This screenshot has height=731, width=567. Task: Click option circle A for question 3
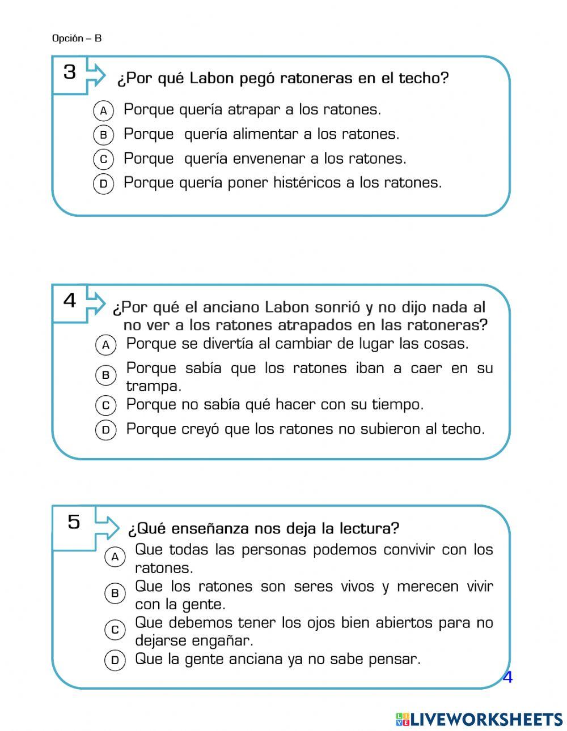point(103,110)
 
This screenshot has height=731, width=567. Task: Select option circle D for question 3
point(103,183)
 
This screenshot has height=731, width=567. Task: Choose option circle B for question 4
point(105,375)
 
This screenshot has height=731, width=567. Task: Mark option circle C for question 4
point(105,405)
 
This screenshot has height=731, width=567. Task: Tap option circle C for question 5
point(115,630)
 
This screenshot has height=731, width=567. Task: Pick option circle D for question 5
point(115,660)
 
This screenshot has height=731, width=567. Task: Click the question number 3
point(69,72)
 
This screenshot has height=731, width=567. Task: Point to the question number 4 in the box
point(69,301)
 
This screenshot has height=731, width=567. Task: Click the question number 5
point(74,521)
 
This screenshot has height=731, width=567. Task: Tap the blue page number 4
point(507,677)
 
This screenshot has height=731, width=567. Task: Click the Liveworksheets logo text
point(485,719)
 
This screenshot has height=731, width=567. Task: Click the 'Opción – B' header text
point(77,39)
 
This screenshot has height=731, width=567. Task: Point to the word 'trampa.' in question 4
point(154,386)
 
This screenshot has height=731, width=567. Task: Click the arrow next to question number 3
point(96,74)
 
